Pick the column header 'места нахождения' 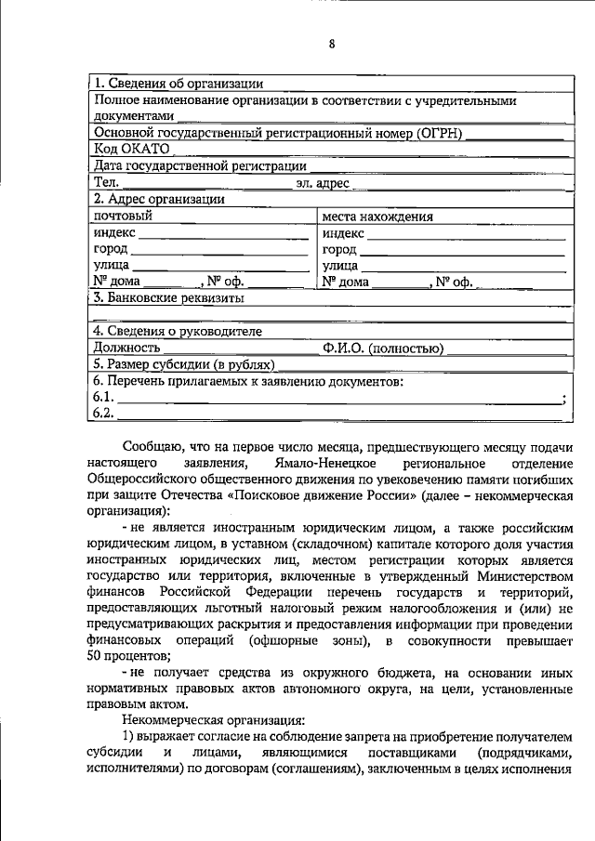click(377, 217)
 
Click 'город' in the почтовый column click(112, 249)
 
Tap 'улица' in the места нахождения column click(340, 266)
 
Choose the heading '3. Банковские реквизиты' click(168, 298)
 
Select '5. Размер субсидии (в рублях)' click(185, 364)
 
